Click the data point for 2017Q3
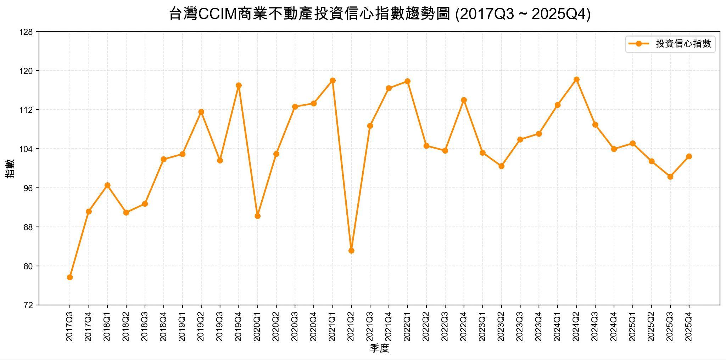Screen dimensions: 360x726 pyautogui.click(x=70, y=277)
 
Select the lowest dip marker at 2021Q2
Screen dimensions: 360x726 pyautogui.click(x=351, y=251)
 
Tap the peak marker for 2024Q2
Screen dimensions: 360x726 pyautogui.click(x=576, y=79)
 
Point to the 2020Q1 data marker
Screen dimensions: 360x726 pyautogui.click(x=258, y=216)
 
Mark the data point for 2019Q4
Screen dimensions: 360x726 pyautogui.click(x=239, y=85)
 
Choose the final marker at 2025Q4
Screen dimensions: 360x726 pyautogui.click(x=689, y=156)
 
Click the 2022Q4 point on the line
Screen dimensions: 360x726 pyautogui.click(x=464, y=100)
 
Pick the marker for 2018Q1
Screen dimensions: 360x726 pyautogui.click(x=107, y=185)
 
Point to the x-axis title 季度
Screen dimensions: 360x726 pyautogui.click(x=379, y=348)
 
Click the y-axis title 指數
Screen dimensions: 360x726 pyautogui.click(x=10, y=168)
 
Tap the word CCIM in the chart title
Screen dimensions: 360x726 pyautogui.click(x=219, y=15)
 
